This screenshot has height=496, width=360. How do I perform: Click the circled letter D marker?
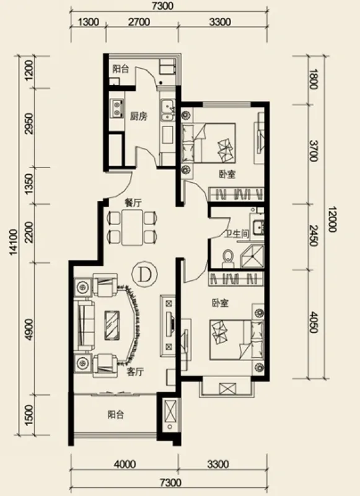[x=144, y=275]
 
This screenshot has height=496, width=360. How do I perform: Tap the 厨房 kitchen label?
[x=138, y=116]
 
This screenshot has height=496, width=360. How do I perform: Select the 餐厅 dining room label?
[x=133, y=203]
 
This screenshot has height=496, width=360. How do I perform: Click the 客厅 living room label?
[x=135, y=371]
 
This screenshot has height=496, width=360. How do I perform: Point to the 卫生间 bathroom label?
[x=237, y=234]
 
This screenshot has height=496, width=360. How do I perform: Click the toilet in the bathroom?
[x=227, y=257]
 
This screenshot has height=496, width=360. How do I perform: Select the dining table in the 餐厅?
[x=133, y=227]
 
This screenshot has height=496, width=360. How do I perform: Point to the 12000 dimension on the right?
[x=331, y=219]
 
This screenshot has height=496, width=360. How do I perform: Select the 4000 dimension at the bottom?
[x=125, y=464]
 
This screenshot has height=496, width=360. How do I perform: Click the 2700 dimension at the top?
[x=139, y=22]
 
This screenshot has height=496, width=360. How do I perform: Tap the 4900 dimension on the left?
[x=29, y=329]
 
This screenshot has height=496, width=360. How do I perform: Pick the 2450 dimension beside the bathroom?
[x=314, y=235]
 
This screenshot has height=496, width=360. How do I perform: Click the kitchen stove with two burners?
[x=116, y=108]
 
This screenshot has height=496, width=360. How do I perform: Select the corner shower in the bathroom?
[x=252, y=255]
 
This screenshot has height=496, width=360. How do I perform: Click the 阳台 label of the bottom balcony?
[x=115, y=414]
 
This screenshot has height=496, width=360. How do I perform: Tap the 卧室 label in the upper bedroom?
[x=227, y=174]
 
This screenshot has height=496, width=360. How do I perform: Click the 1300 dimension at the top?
[x=88, y=22]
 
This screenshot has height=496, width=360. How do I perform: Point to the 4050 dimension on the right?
[x=314, y=322]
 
